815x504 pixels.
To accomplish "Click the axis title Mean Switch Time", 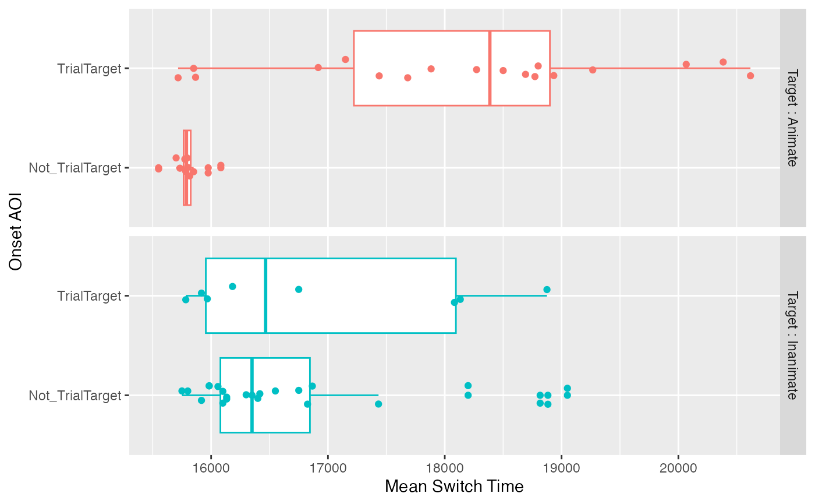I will [454, 487].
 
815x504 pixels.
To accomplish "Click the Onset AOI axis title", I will [16, 231].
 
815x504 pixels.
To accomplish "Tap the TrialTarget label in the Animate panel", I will [88, 68].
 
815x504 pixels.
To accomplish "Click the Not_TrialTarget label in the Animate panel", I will [75, 168].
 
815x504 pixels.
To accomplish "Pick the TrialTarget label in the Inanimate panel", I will [88, 296].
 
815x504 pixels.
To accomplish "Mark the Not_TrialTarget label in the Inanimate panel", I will [75, 396].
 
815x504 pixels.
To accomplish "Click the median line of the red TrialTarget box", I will [490, 68].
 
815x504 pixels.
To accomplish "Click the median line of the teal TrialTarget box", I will [265, 296].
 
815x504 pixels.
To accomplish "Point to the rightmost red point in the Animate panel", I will [750, 76].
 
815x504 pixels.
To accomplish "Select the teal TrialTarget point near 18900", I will [547, 290].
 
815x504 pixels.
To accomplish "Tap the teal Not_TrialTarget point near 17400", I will [378, 404].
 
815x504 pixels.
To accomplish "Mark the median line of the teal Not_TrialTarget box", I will [251, 396].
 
